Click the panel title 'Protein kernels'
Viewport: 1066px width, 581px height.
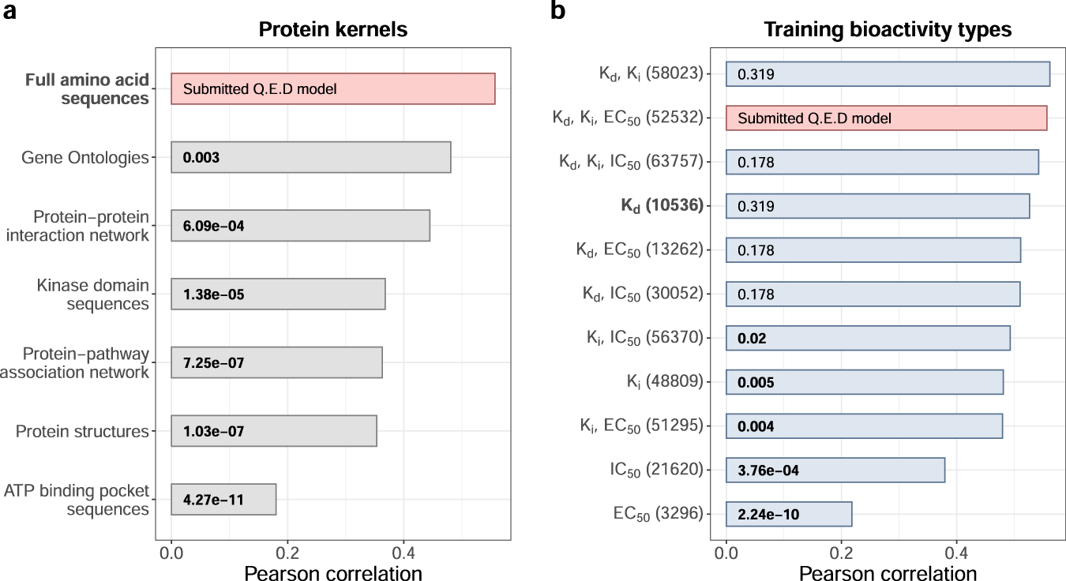coord(333,30)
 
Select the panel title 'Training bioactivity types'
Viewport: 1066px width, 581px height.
coord(888,30)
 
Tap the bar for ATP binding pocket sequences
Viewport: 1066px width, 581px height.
coord(223,500)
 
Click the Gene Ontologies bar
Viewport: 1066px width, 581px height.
coord(311,157)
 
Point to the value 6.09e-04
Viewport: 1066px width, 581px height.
coord(213,226)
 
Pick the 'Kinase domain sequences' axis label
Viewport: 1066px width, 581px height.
coord(92,294)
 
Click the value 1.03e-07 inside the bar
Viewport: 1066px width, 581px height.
coord(213,431)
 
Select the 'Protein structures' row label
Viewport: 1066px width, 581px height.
coord(82,431)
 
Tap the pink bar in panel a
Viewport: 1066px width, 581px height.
coord(333,88)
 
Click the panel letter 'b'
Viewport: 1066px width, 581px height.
coord(557,13)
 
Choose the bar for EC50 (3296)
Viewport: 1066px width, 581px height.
coord(789,514)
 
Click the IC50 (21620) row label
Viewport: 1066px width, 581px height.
coord(656,470)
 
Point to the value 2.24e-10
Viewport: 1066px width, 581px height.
coord(768,514)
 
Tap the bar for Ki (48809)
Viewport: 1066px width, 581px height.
coord(865,382)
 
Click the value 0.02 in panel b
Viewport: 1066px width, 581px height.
coord(751,338)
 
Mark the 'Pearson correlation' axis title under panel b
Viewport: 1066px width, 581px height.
coord(888,572)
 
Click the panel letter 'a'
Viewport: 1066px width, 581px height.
coord(10,13)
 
